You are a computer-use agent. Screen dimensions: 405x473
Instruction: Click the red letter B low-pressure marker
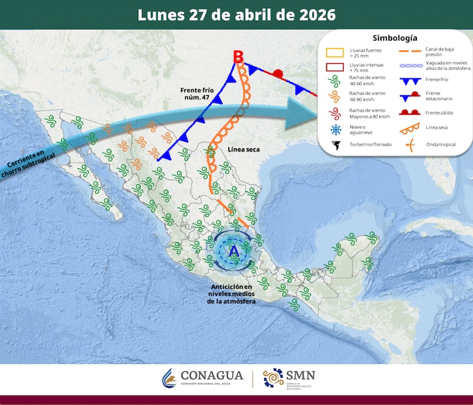[x=238, y=57]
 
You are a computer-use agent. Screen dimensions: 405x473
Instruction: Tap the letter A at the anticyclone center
[x=233, y=251]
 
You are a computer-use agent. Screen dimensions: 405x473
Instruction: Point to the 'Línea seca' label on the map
[x=243, y=150]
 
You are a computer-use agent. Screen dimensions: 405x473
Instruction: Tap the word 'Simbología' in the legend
[x=395, y=38]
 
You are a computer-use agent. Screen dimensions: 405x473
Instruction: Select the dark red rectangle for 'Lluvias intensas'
[x=334, y=68]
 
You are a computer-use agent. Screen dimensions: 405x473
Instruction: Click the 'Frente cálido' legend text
[x=441, y=113]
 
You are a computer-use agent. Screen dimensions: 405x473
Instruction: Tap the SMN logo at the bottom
[x=289, y=379]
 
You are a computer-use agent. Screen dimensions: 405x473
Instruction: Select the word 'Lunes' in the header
[x=160, y=15]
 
